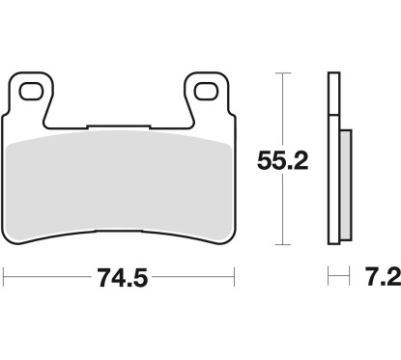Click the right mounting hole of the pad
pos(205,93)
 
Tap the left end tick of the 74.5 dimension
pos(5,280)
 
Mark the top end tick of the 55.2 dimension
pos(280,73)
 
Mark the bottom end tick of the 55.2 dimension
pos(280,244)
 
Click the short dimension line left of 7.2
pos(335,280)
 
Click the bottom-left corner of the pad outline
pos(10,243)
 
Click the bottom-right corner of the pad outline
pos(232,243)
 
